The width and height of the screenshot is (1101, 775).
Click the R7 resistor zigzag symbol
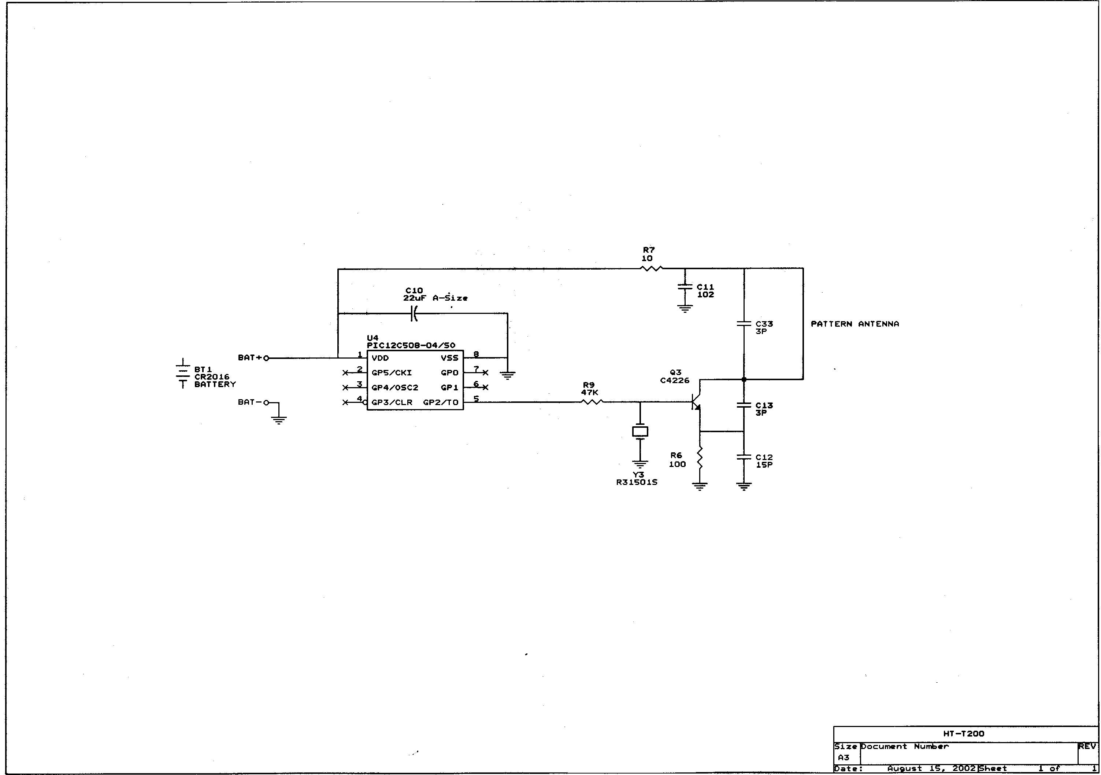tap(651, 268)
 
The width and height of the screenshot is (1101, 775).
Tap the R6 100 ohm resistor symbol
tap(700, 458)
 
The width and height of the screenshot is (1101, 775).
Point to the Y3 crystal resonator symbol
tap(640, 431)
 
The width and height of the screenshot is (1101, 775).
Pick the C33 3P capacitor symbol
tap(744, 324)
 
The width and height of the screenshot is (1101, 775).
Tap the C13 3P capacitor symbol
tap(744, 405)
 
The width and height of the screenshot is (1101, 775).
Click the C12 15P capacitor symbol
tap(744, 457)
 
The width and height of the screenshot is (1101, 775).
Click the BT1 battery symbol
tap(183, 372)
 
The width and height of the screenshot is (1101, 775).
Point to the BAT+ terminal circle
tap(267, 358)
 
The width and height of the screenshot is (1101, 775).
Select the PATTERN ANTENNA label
tap(855, 324)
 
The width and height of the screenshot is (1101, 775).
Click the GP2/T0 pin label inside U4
tap(440, 403)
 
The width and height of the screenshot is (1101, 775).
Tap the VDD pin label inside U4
tap(380, 358)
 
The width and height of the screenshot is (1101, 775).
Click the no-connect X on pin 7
tap(485, 372)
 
